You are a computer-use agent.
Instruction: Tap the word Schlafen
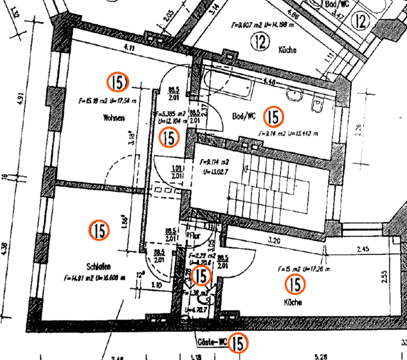click(99, 267)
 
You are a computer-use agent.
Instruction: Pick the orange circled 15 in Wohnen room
click(118, 82)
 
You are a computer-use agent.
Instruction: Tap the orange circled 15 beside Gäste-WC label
click(239, 343)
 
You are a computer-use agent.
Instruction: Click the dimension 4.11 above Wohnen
click(129, 48)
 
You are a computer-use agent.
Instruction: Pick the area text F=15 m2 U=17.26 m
click(304, 269)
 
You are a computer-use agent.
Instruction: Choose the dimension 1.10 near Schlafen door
click(157, 285)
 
